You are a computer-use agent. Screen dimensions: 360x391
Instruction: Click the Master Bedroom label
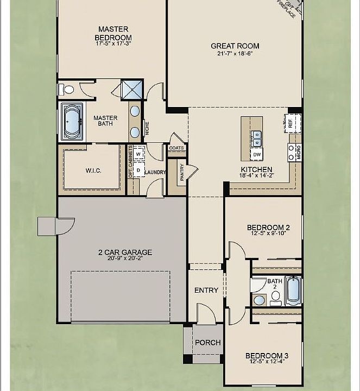tap(113, 34)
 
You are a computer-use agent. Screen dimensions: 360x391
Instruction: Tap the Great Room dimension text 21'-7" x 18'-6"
tap(235, 53)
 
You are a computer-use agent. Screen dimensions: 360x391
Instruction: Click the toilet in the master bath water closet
tap(67, 89)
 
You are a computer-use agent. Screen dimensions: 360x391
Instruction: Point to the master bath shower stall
tap(132, 90)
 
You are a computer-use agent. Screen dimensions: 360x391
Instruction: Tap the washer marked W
tap(138, 154)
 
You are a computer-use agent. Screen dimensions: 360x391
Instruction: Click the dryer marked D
tap(138, 171)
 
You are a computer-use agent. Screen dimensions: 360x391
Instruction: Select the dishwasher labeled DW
tap(257, 155)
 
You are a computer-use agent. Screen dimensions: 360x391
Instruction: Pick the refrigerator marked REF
tap(292, 123)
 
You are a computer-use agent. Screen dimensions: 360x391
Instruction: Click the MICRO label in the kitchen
tap(299, 153)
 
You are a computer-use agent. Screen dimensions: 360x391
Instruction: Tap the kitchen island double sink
tap(257, 138)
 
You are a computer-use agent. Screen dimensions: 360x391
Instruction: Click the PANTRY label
tap(182, 172)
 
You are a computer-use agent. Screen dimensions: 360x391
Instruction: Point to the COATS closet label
tap(176, 148)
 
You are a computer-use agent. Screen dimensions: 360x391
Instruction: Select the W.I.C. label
tap(93, 171)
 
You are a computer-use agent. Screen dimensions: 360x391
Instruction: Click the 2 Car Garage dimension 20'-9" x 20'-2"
tap(125, 258)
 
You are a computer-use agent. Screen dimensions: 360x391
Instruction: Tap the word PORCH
tap(207, 343)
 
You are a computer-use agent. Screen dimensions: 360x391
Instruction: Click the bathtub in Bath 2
tap(293, 291)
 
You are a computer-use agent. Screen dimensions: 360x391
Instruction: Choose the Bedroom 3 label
tap(267, 356)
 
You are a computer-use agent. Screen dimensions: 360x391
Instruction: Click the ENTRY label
tap(206, 290)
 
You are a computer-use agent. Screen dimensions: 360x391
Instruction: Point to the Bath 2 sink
tap(260, 300)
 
